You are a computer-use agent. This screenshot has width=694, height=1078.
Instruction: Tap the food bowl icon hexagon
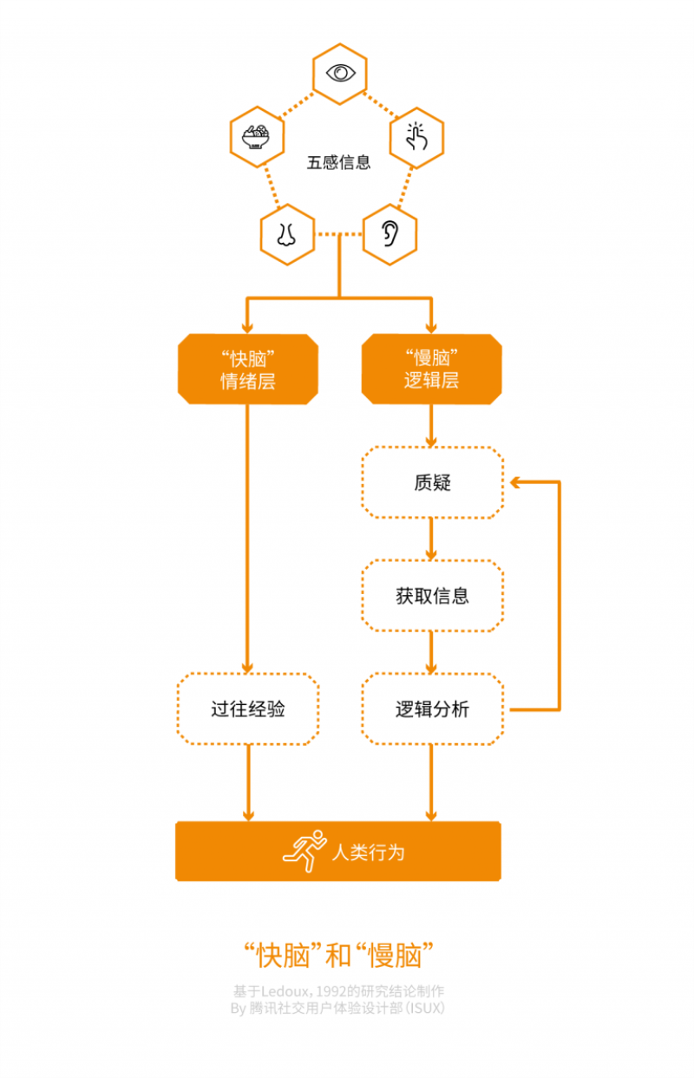coord(257,137)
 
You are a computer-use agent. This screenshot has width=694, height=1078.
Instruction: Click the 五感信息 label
coord(338,162)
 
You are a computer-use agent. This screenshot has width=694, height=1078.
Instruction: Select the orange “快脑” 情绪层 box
coord(248,369)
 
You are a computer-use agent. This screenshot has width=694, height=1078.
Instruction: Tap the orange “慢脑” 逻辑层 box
coord(431,369)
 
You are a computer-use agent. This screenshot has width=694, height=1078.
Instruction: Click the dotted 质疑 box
coord(432,483)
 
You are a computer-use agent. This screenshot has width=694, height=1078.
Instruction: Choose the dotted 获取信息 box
coord(432,596)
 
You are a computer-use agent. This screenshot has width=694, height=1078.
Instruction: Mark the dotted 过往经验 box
coord(248,709)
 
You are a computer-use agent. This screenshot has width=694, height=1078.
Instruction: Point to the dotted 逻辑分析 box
coord(432,709)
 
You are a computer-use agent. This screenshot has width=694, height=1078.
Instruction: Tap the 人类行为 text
coord(369,852)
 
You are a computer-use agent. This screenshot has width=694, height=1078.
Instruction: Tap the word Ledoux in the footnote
coord(277,990)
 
